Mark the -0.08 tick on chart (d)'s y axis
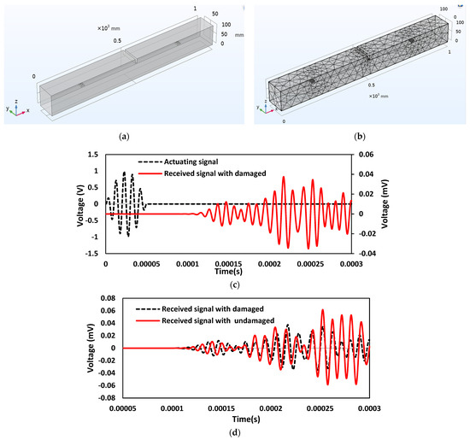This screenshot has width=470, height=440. pos(108,397)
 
